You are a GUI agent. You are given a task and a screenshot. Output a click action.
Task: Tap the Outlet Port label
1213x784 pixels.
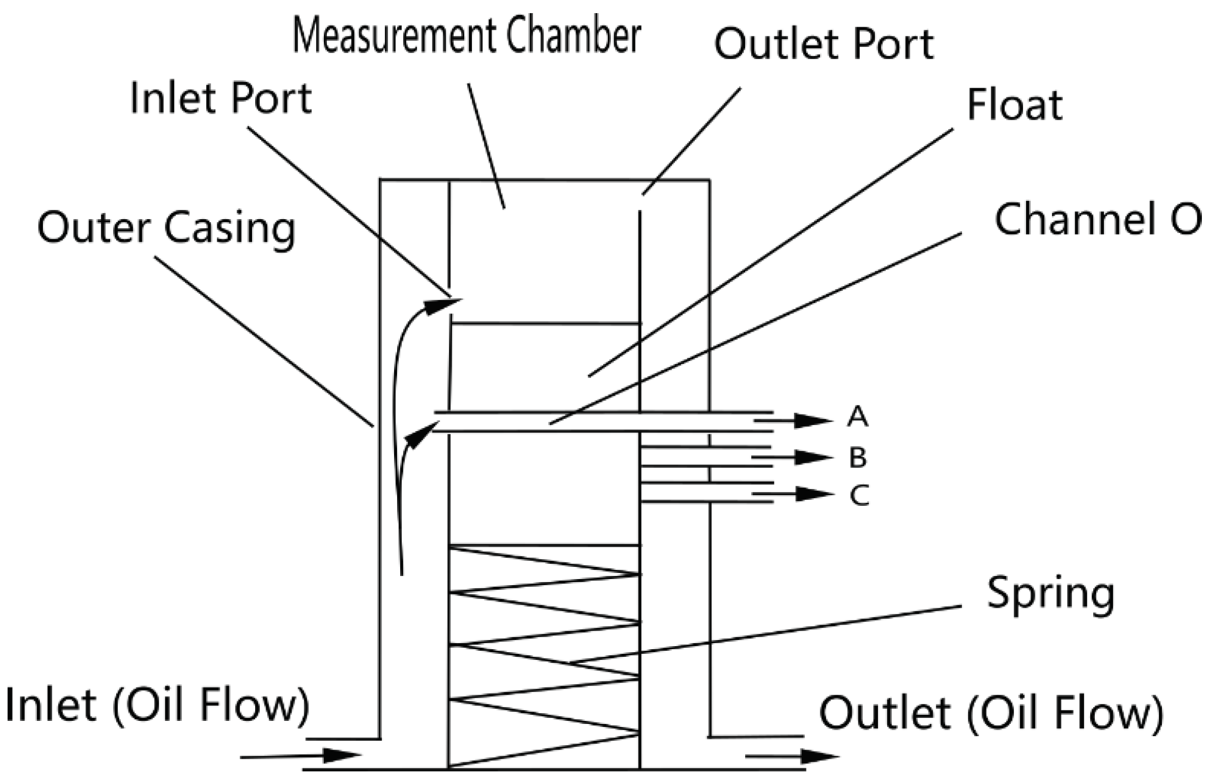click(823, 45)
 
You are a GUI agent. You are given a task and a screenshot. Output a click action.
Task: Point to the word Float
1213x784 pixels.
click(1014, 106)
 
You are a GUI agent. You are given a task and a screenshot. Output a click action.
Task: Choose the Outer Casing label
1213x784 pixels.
click(166, 228)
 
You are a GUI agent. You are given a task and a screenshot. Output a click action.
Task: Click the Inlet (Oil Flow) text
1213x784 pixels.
click(157, 706)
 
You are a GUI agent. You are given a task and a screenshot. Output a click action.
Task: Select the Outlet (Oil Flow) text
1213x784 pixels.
click(991, 713)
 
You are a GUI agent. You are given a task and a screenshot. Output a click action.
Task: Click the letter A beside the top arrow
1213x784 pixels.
click(857, 417)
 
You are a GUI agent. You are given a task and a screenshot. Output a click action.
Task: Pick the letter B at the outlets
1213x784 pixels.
click(858, 458)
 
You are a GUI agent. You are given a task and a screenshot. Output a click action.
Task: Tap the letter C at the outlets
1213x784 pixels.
click(859, 495)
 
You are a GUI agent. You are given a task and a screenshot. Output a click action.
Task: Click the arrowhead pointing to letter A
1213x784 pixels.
click(812, 421)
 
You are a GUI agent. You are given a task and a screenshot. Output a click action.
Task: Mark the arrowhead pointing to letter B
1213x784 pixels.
click(812, 458)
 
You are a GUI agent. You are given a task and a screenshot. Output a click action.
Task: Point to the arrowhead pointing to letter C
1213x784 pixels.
click(812, 494)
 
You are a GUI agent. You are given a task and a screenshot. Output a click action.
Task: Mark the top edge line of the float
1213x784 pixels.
click(545, 323)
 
